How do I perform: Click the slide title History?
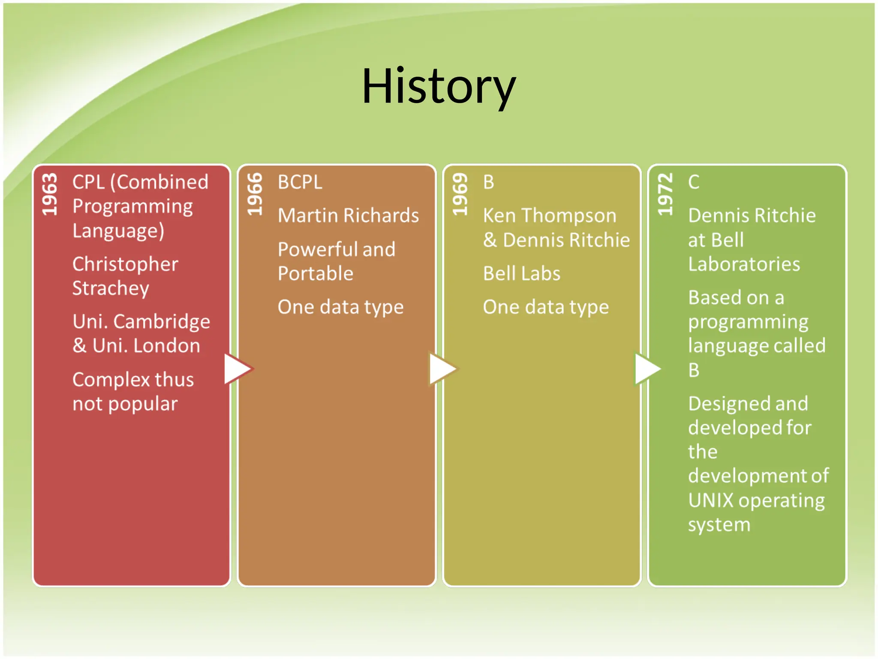tap(439, 87)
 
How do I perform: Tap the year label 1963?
tap(49, 194)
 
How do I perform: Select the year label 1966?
tap(255, 194)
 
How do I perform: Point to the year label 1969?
tap(460, 194)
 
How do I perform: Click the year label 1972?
tap(665, 194)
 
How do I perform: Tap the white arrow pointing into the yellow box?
tap(442, 369)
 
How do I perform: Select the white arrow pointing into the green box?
tap(647, 369)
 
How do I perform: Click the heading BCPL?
tap(300, 182)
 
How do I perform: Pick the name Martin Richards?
tap(348, 215)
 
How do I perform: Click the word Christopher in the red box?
tap(125, 264)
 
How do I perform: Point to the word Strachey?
tap(111, 288)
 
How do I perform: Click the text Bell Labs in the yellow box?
tap(521, 274)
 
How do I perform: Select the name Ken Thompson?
tap(549, 215)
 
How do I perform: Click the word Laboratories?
tap(744, 264)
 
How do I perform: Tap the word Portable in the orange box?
tap(316, 274)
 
